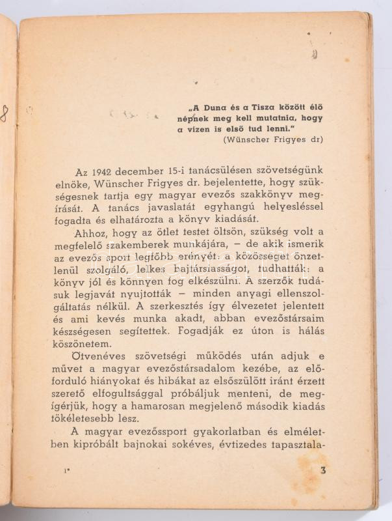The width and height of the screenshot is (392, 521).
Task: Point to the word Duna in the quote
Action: [215, 107]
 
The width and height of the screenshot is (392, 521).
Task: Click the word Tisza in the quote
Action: [266, 107]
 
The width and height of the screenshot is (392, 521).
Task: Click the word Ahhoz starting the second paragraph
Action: [89, 232]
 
